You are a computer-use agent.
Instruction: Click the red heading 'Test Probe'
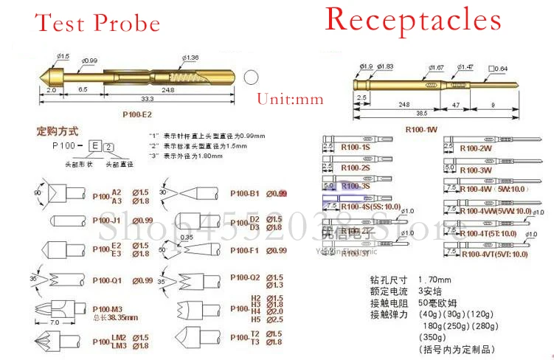(97, 23)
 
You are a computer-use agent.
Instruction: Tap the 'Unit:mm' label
(290, 99)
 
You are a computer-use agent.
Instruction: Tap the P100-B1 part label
(245, 193)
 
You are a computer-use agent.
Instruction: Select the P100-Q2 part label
(245, 278)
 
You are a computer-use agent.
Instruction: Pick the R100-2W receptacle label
(476, 148)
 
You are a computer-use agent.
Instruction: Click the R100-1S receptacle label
(356, 148)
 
